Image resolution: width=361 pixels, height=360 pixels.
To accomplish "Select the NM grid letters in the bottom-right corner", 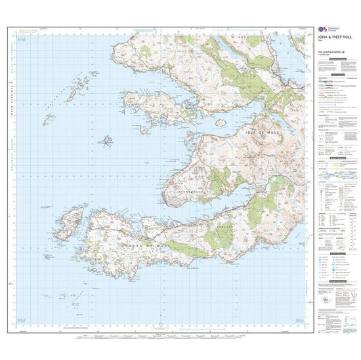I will click(x=300, y=319).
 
